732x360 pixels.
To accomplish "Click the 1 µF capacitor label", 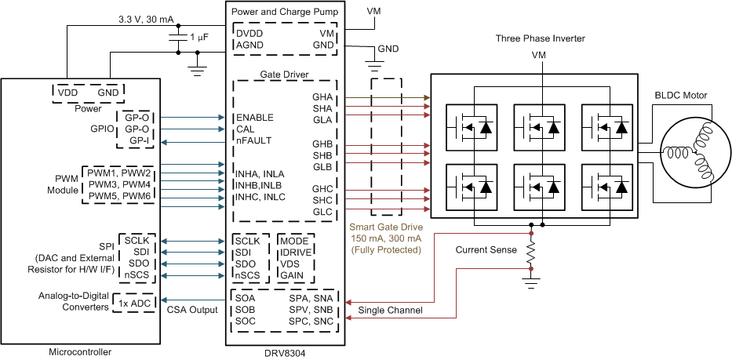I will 198,38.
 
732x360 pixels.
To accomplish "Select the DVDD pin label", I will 250,34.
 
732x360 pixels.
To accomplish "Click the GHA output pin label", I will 322,96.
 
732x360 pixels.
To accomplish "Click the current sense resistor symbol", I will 531,253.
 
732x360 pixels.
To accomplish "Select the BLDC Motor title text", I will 681,96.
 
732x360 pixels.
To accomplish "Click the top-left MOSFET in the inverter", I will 470,126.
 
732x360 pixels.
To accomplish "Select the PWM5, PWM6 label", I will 120,195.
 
